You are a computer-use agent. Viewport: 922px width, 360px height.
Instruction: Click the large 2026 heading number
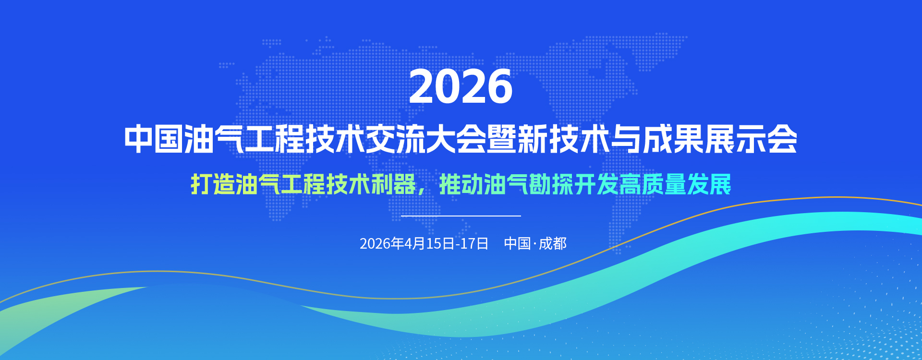pyautogui.click(x=461, y=86)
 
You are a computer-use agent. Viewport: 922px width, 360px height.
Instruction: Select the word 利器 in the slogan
pyautogui.click(x=393, y=184)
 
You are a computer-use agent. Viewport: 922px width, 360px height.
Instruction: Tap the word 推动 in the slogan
pyautogui.click(x=461, y=184)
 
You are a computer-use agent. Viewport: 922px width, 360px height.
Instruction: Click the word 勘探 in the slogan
pyautogui.click(x=552, y=184)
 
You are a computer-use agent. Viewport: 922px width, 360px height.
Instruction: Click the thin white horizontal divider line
pyautogui.click(x=461, y=216)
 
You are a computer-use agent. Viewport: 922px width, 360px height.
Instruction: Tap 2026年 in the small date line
pyautogui.click(x=382, y=243)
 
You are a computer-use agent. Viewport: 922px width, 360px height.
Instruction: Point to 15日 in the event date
pyautogui.click(x=440, y=243)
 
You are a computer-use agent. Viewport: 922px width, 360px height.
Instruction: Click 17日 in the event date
pyautogui.click(x=474, y=243)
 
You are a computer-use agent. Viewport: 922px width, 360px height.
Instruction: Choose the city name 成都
pyautogui.click(x=553, y=243)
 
